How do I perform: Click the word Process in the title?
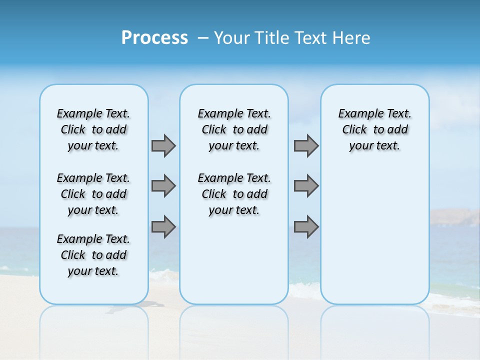[154, 37]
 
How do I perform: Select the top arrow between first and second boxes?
[163, 145]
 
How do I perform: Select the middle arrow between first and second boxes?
[163, 186]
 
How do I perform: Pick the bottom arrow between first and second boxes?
[163, 227]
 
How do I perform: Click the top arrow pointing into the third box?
[306, 145]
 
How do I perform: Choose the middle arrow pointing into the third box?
[306, 186]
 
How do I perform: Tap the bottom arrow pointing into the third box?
[306, 227]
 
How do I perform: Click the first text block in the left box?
[93, 129]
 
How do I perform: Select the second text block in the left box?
[93, 194]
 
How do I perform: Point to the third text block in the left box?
[93, 255]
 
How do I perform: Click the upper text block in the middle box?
[234, 129]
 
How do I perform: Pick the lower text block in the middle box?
[234, 194]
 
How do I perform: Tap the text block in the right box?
[374, 129]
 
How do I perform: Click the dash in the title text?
[203, 37]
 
